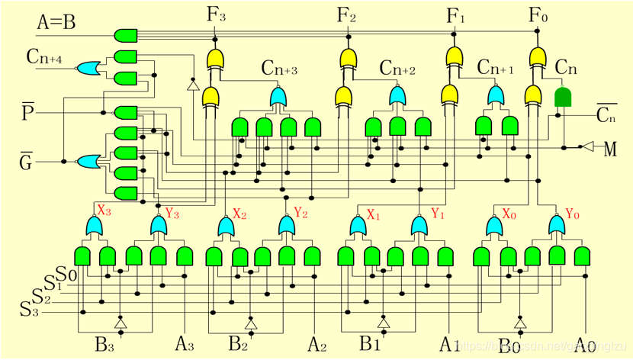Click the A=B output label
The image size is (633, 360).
coord(56,23)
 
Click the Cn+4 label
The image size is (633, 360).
coord(43,56)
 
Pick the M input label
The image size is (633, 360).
coord(609,149)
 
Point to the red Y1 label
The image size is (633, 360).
coord(437,214)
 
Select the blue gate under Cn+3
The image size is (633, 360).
coord(278,97)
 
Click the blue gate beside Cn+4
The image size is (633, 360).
coord(86,69)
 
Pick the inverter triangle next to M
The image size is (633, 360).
coord(586,146)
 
